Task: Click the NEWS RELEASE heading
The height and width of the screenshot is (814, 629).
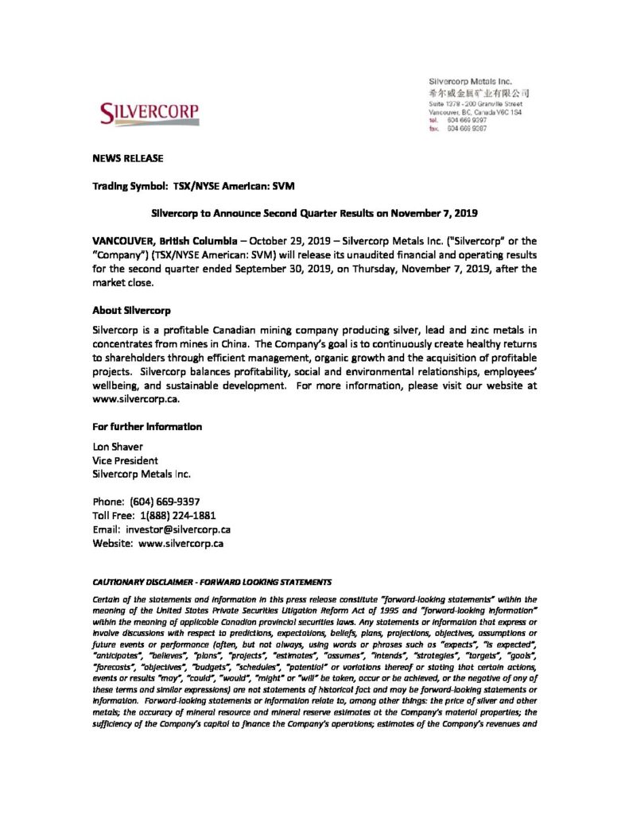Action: tap(127, 159)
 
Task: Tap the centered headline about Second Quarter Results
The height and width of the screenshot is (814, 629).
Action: tap(314, 212)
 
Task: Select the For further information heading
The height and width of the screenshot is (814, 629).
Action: tap(147, 427)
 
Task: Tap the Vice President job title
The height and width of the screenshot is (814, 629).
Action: tap(126, 460)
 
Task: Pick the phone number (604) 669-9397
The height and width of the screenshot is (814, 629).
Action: tap(169, 502)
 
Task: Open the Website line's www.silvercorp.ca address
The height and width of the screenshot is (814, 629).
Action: tap(181, 544)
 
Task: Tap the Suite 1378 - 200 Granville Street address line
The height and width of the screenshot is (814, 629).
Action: tap(475, 104)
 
